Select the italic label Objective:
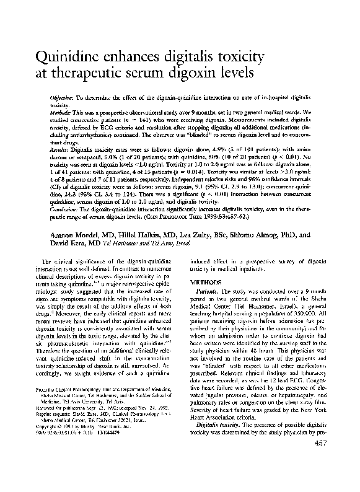63,99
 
